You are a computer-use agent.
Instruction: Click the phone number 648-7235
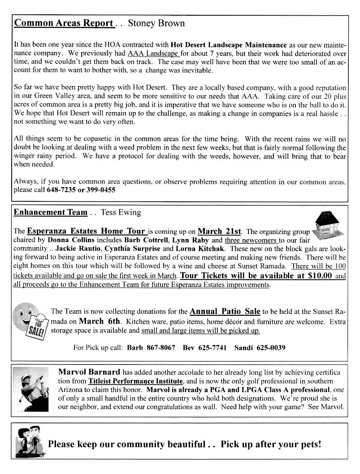(62, 190)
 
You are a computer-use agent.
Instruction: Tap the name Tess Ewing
(121, 213)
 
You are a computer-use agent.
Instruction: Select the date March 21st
(220, 231)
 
